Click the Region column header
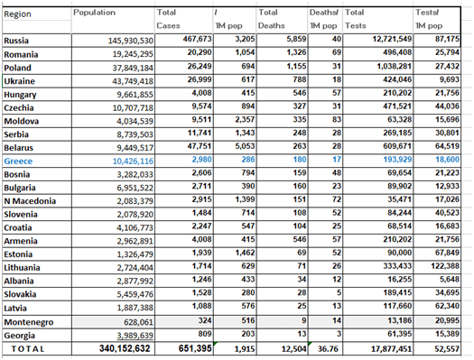[17, 14]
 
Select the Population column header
[94, 13]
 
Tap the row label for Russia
[16, 41]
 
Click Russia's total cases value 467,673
[197, 39]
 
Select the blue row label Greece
[18, 162]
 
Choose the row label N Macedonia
[30, 201]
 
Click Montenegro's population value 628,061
[138, 322]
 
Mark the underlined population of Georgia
[135, 336]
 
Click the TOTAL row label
[28, 349]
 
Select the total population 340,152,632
[125, 348]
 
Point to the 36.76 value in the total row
[328, 349]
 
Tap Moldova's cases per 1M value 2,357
[245, 120]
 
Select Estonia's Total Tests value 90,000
[400, 253]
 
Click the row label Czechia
[19, 107]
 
